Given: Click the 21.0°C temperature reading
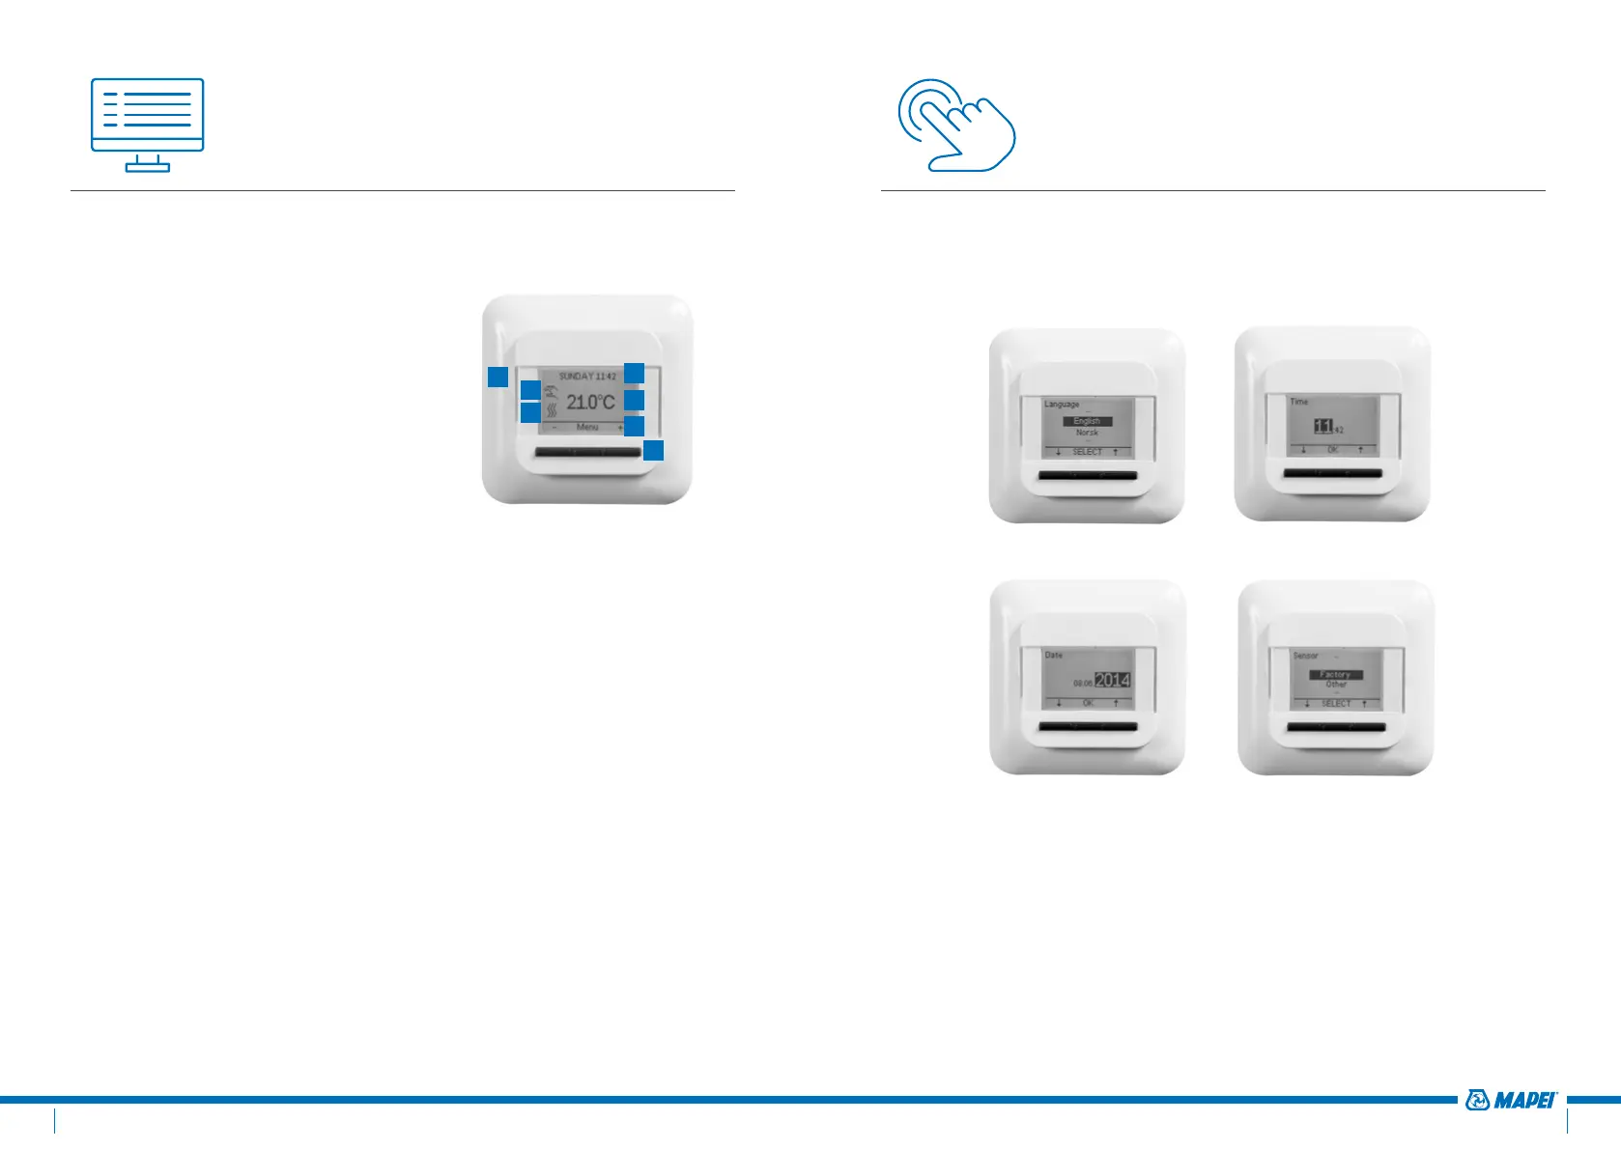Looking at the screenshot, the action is point(589,402).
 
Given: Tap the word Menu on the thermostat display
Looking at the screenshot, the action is point(587,427).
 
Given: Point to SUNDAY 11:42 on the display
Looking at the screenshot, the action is point(586,376).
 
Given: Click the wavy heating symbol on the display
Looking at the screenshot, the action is point(552,409).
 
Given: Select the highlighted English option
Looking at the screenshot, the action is point(1087,421).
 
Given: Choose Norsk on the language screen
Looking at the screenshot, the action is point(1087,433).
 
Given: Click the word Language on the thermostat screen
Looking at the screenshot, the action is point(1062,404).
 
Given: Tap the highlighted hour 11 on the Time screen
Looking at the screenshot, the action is point(1323,426).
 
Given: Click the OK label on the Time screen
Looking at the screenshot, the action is point(1332,450).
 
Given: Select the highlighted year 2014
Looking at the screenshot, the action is point(1112,680).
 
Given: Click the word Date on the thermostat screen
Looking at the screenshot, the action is point(1053,655).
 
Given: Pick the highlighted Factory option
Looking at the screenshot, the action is point(1335,674).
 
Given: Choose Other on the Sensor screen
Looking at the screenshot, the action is point(1336,685).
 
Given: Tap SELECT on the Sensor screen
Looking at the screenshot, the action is point(1336,703).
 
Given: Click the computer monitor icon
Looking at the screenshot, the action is point(147,125).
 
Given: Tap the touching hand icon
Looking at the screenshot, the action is point(956,126).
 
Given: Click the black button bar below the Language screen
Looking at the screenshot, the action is point(1087,475).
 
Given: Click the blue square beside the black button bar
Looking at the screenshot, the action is point(654,450).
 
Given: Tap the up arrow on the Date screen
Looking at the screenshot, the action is point(1116,703).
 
